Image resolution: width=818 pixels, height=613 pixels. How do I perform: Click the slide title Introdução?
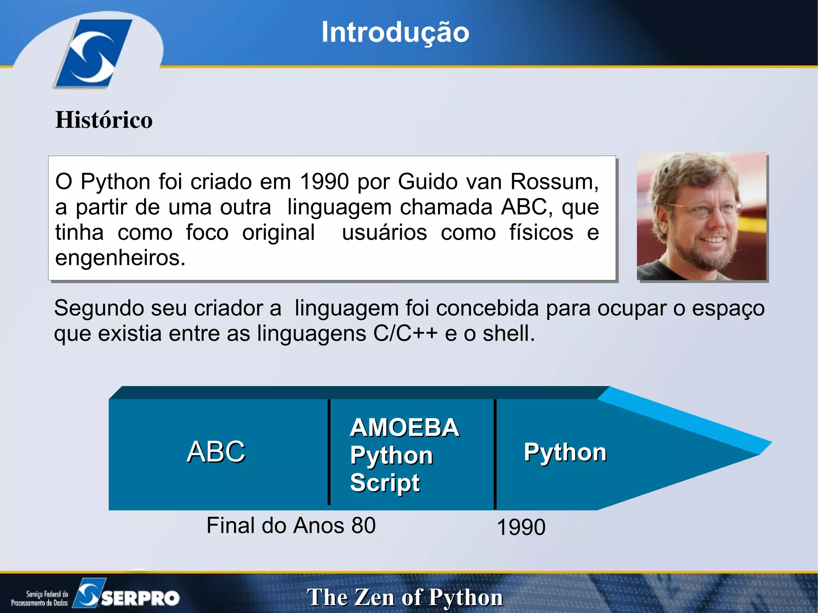395,32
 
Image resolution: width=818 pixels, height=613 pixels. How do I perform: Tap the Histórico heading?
104,120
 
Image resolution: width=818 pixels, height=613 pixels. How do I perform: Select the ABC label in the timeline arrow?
216,452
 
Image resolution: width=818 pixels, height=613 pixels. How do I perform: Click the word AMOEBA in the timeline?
404,428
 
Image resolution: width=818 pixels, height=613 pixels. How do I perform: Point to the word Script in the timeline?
385,482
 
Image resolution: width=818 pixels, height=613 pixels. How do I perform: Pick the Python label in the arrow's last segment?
565,452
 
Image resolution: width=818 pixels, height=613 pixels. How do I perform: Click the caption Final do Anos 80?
291,525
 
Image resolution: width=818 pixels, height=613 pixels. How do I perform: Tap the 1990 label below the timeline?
521,527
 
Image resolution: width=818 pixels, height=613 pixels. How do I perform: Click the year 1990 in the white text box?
324,182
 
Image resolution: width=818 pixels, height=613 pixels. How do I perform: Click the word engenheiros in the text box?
119,258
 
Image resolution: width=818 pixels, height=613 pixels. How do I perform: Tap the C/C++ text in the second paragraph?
405,333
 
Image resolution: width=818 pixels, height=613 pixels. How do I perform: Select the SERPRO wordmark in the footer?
140,598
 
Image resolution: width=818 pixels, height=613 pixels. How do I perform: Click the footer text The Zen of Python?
405,597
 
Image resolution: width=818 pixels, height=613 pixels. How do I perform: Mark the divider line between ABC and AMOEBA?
329,452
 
